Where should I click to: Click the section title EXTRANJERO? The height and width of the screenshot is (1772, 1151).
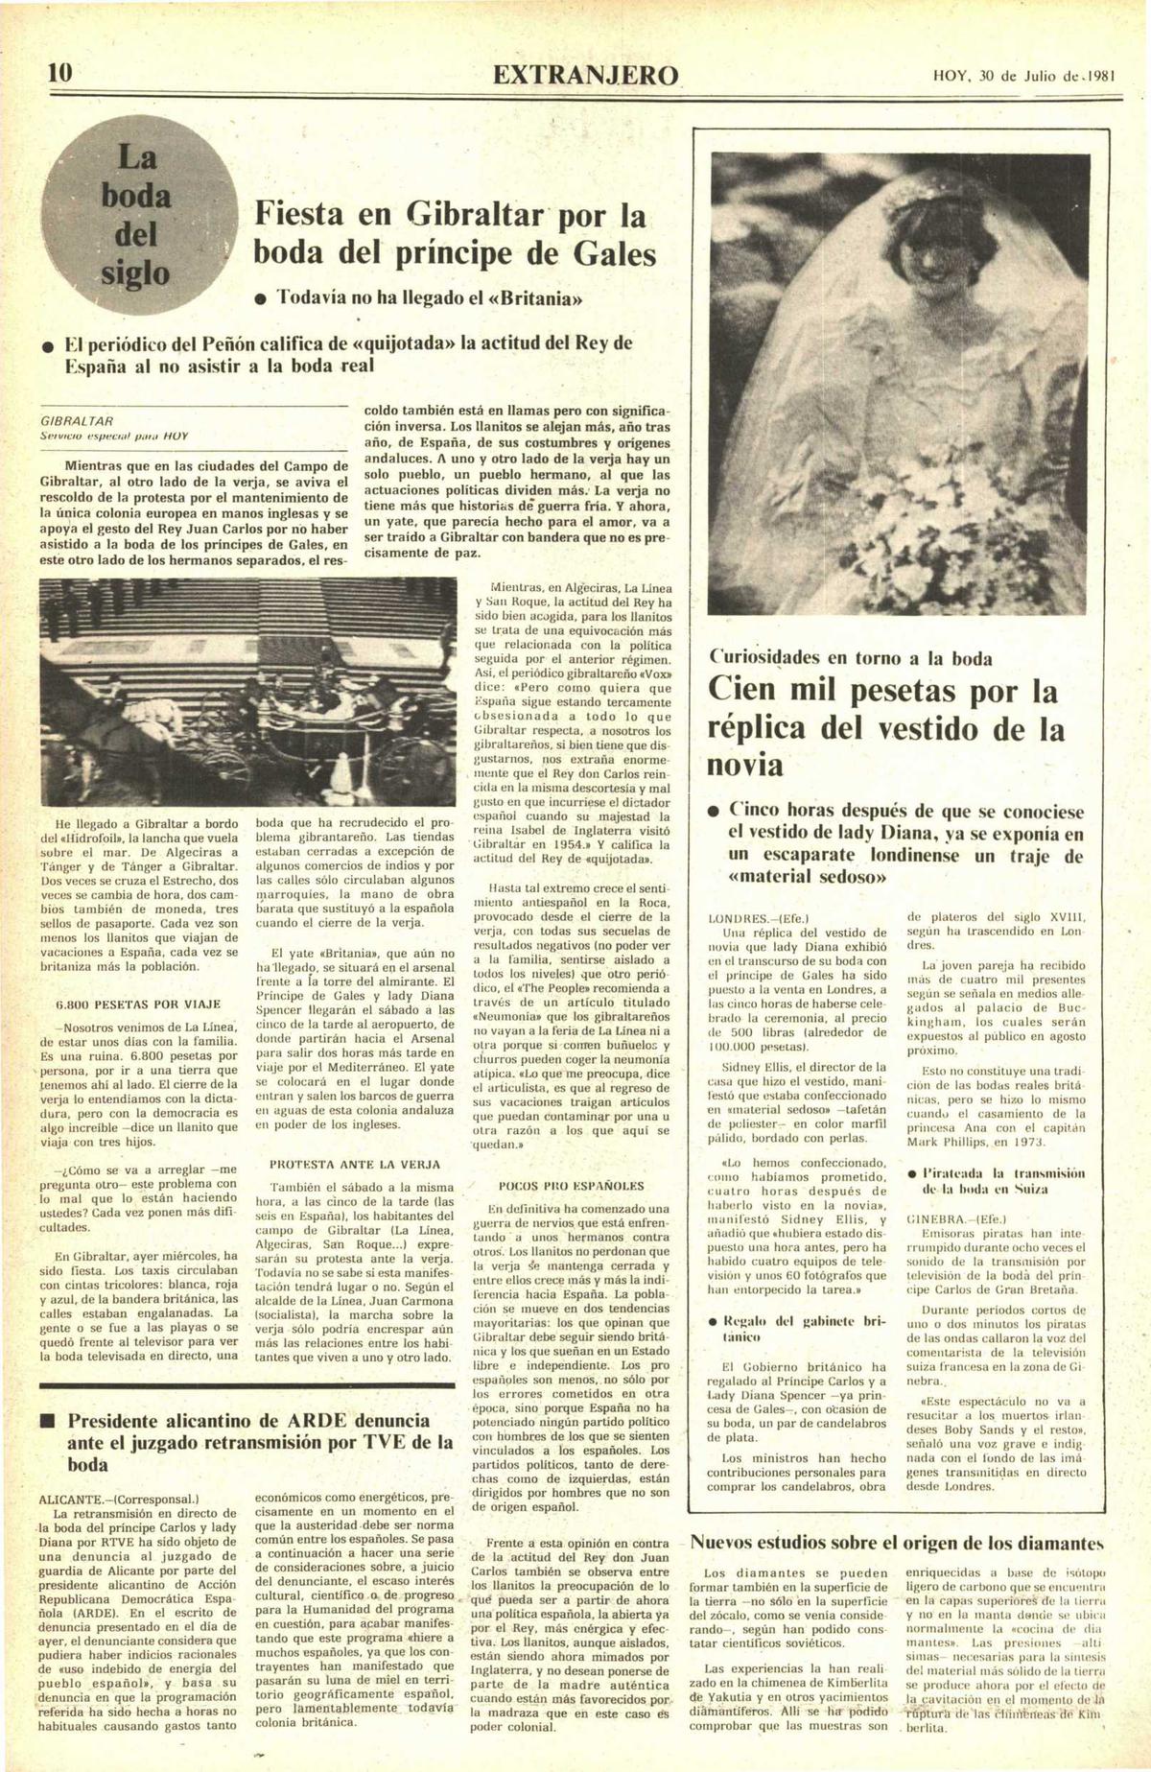pos(586,76)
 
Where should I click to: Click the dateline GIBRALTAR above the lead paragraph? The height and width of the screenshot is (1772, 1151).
pos(77,421)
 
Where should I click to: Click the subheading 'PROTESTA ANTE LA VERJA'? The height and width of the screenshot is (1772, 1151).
pos(355,1164)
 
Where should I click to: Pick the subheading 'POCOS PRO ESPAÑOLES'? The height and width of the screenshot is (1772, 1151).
pos(571,1186)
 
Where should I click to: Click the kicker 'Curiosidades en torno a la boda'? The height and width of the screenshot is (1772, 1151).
pos(851,658)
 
